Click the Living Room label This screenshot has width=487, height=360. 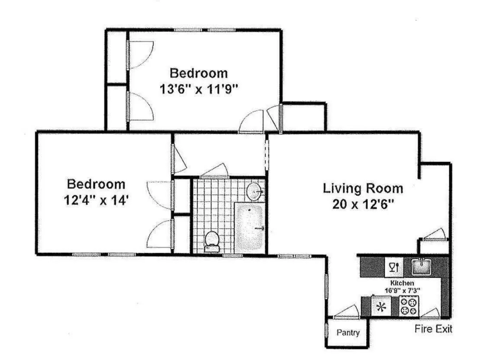coord(363,189)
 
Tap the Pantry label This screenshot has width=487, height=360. coord(348,333)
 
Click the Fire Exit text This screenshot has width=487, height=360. coord(433,329)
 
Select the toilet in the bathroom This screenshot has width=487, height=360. coord(212,241)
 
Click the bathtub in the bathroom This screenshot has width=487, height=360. coord(250,228)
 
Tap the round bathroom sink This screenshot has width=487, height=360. coord(255,191)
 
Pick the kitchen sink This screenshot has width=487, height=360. coord(419,267)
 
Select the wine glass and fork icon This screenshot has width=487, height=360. coord(394,267)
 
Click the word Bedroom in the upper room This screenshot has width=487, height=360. coord(198,72)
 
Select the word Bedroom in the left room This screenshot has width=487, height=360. coord(96,184)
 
